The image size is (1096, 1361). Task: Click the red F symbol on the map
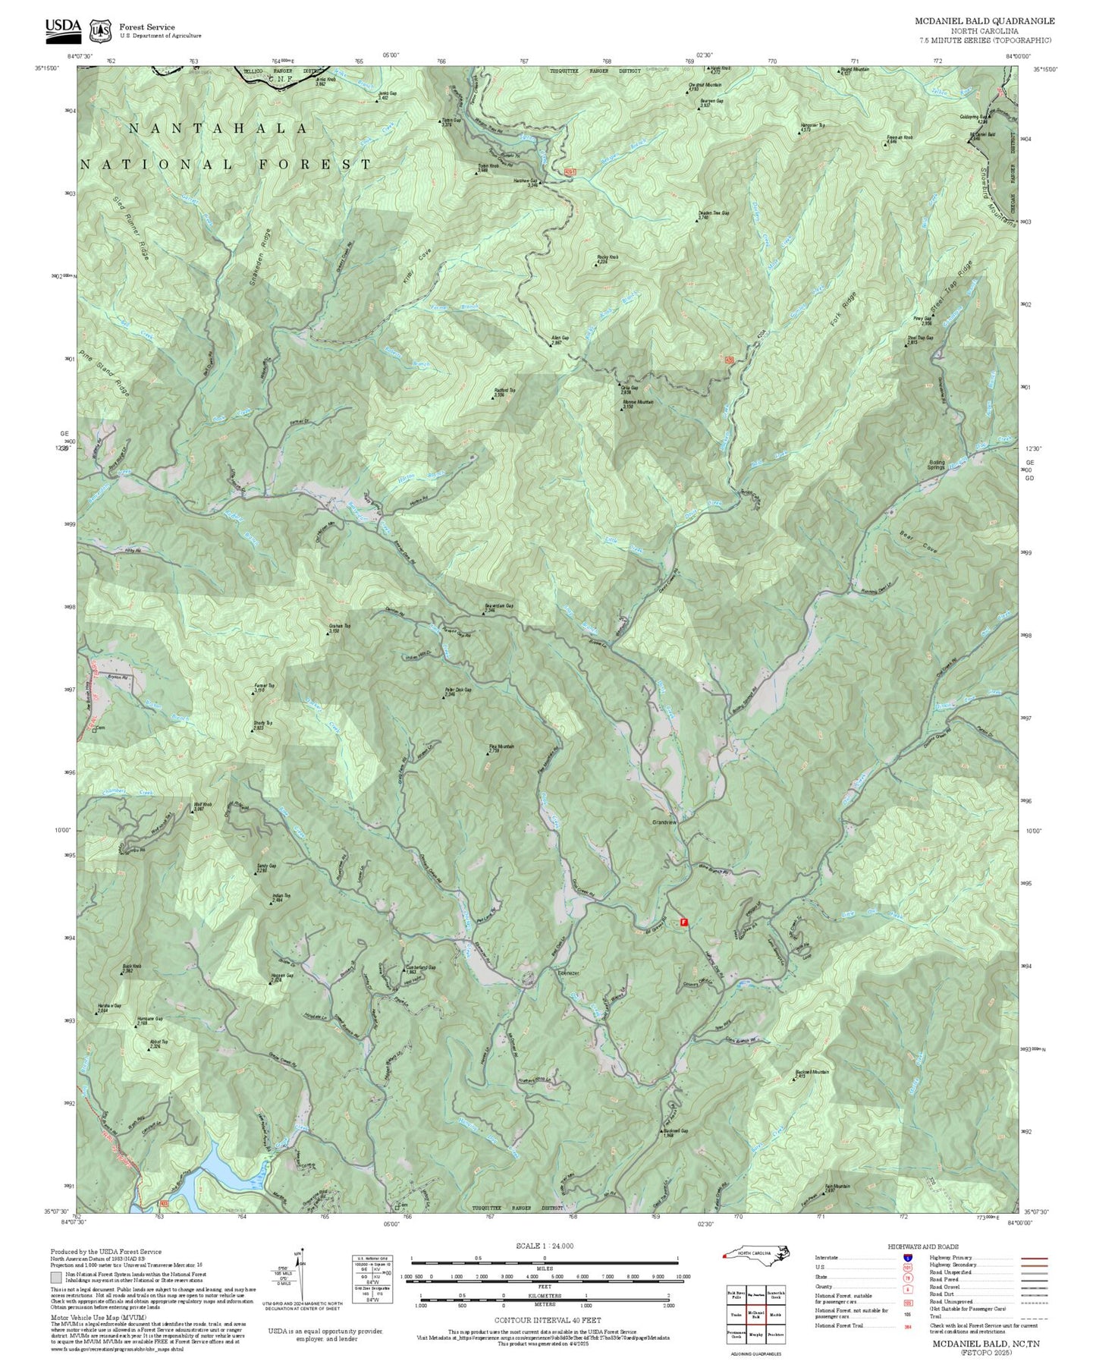683,922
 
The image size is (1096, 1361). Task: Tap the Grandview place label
664,822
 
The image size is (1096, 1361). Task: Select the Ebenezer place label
569,973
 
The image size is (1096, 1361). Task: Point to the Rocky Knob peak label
608,258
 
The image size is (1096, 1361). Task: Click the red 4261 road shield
570,173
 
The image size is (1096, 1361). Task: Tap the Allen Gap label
561,339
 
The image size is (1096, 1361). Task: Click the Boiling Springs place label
936,464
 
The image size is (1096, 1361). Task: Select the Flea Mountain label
501,747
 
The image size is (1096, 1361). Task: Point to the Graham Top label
339,627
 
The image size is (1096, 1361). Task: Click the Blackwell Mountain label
812,1073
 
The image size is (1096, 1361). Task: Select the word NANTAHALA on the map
218,129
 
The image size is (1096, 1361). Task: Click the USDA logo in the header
63,29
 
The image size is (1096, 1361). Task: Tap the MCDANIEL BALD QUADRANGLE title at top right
984,21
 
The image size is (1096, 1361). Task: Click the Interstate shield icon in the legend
907,1258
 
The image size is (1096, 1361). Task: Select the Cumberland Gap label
422,967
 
